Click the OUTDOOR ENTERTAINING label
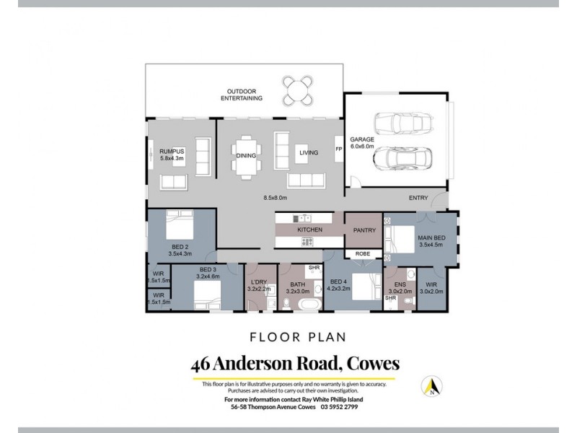pyautogui.click(x=241, y=95)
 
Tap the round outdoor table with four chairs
pyautogui.click(x=298, y=90)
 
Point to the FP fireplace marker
pyautogui.click(x=338, y=149)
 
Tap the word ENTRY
pyautogui.click(x=418, y=196)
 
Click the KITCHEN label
pyautogui.click(x=309, y=229)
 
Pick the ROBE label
pyautogui.click(x=363, y=255)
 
